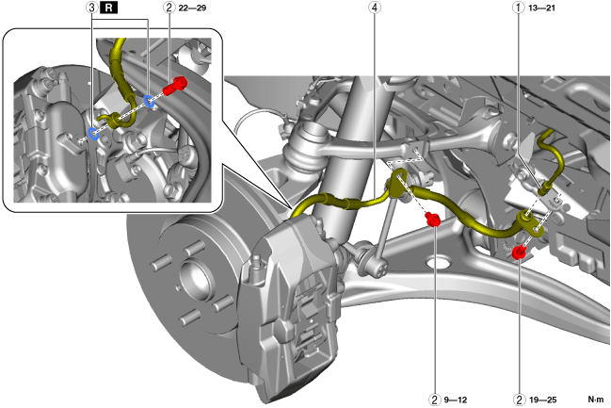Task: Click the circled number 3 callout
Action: pos(91,8)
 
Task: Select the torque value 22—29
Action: pos(190,8)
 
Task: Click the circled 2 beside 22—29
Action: pos(167,8)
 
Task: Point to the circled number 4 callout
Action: pos(377,8)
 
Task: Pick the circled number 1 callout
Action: pos(515,8)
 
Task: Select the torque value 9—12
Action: pos(458,399)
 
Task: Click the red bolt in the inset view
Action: pos(176,89)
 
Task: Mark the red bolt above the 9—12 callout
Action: pos(434,220)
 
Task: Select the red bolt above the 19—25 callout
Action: pos(519,252)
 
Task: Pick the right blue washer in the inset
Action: pos(149,101)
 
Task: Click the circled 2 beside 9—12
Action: pos(434,399)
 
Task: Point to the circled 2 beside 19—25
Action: pos(519,399)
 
